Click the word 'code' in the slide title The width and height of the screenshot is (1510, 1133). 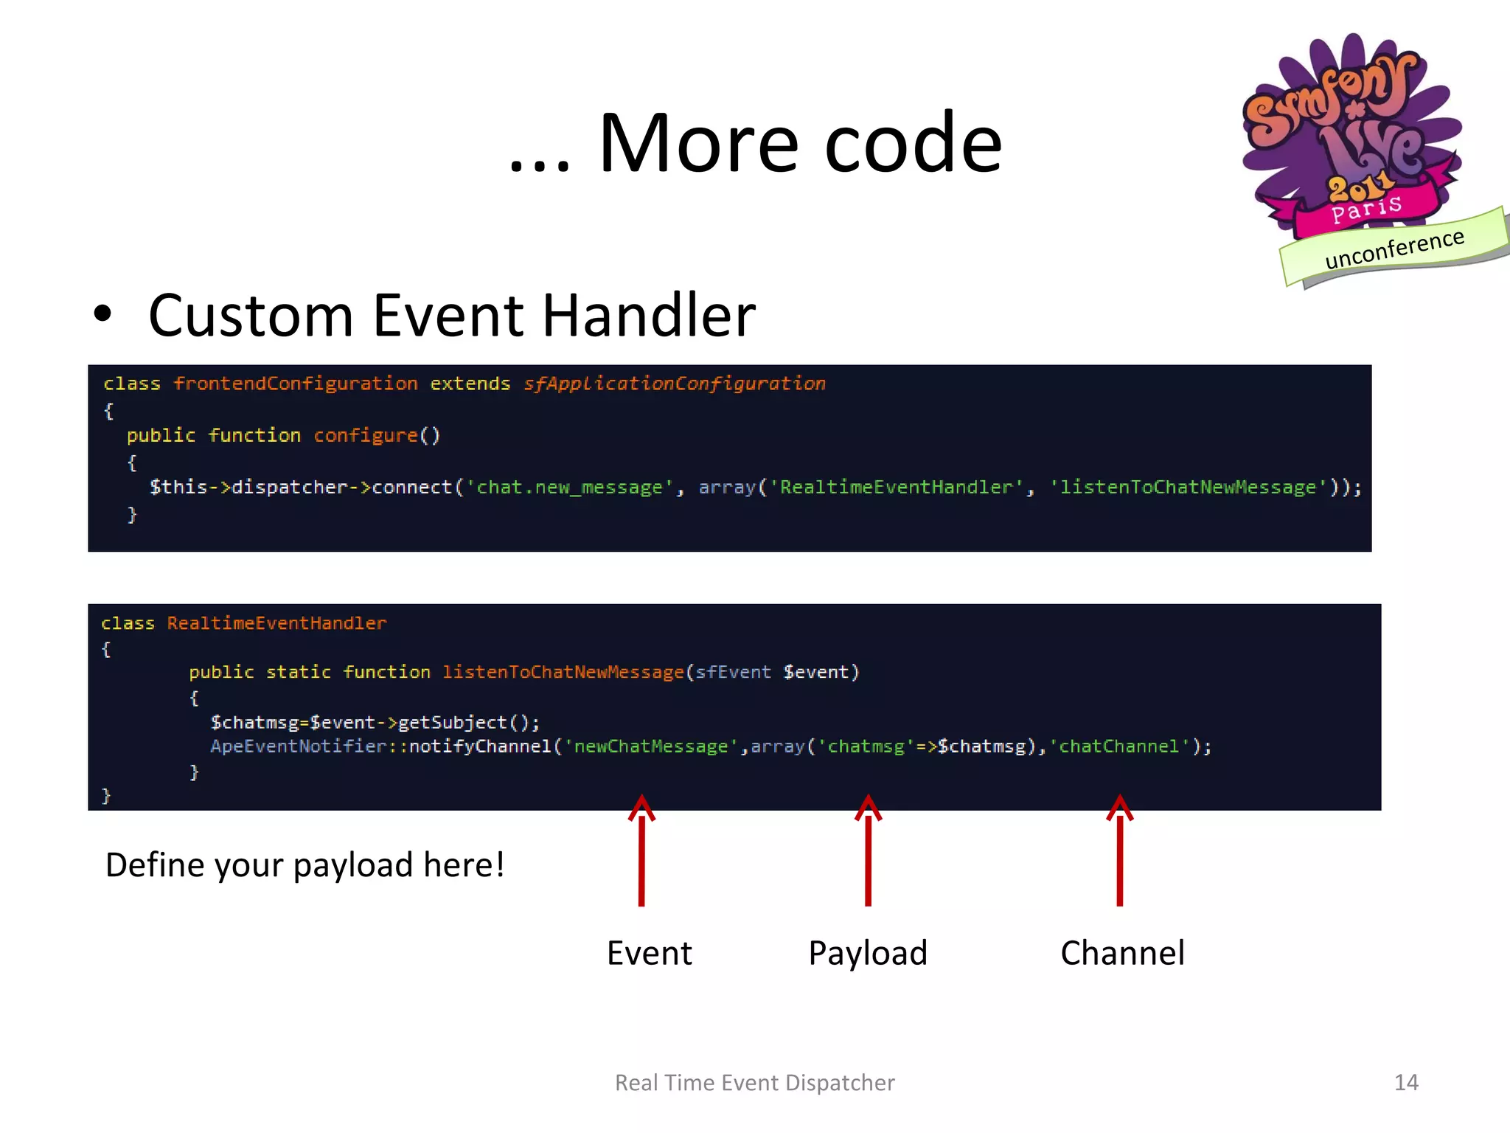pos(913,144)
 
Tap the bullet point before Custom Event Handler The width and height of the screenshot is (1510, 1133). pos(103,314)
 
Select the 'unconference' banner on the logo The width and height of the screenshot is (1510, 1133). pos(1394,249)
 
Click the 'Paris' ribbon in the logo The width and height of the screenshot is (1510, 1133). pos(1365,208)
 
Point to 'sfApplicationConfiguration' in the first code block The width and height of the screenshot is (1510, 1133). pos(674,384)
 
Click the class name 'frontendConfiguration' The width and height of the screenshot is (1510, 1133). pos(295,384)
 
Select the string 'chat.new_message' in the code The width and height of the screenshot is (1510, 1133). pos(569,488)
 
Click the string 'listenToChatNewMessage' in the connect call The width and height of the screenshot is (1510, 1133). pos(1188,488)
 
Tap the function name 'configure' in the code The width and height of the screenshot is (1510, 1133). pos(366,435)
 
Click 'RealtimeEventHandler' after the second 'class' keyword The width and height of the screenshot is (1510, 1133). pos(276,623)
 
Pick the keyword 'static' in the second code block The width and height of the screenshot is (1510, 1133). pos(298,672)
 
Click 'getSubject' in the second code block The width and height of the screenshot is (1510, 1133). pos(452,722)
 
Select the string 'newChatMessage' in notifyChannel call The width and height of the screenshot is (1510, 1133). pos(651,746)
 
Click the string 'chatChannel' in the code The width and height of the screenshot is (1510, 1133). pos(1118,746)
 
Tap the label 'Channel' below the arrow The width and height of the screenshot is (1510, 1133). pos(1122,953)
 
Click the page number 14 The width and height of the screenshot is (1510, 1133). pos(1406,1082)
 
